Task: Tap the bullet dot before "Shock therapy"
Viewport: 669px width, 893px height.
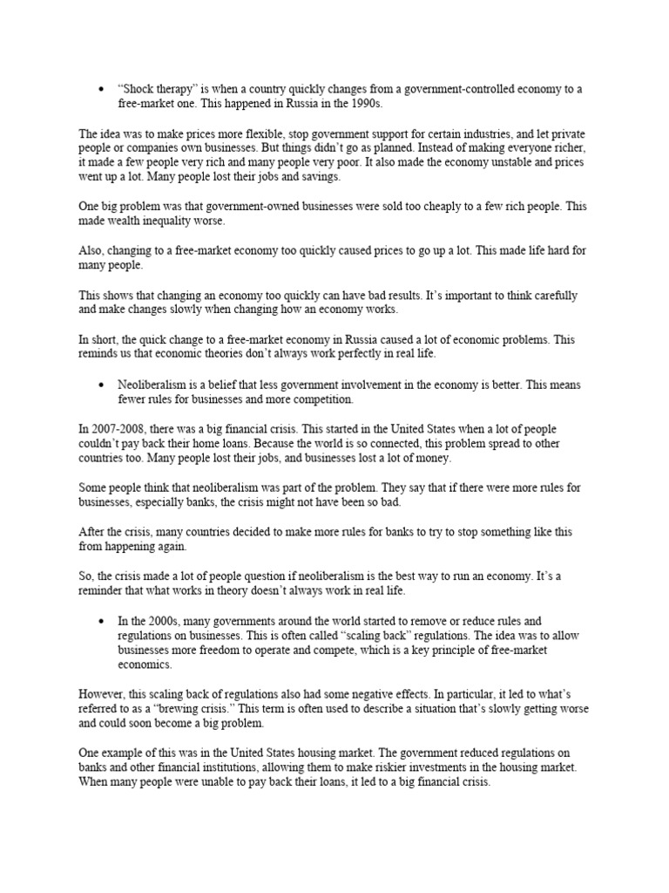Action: (102, 90)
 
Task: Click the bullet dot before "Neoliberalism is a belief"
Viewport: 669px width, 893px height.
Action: (102, 385)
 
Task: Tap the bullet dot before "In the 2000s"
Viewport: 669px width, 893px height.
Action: (102, 622)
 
